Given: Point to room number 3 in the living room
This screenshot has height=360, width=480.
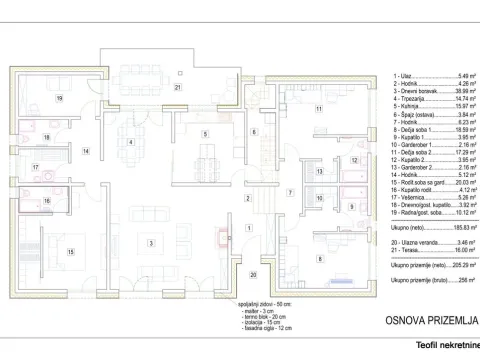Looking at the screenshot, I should tap(151, 243).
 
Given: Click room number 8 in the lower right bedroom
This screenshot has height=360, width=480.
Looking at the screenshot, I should tap(319, 259).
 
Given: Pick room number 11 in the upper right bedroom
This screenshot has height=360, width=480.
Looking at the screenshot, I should tap(319, 108).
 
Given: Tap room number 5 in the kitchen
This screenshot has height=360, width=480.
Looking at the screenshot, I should tap(204, 134).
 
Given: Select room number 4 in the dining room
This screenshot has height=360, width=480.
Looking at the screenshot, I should tap(130, 142).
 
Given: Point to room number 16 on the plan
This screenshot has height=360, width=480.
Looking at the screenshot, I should tap(46, 201).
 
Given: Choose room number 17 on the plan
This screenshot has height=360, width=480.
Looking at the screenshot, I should tap(34, 168).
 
